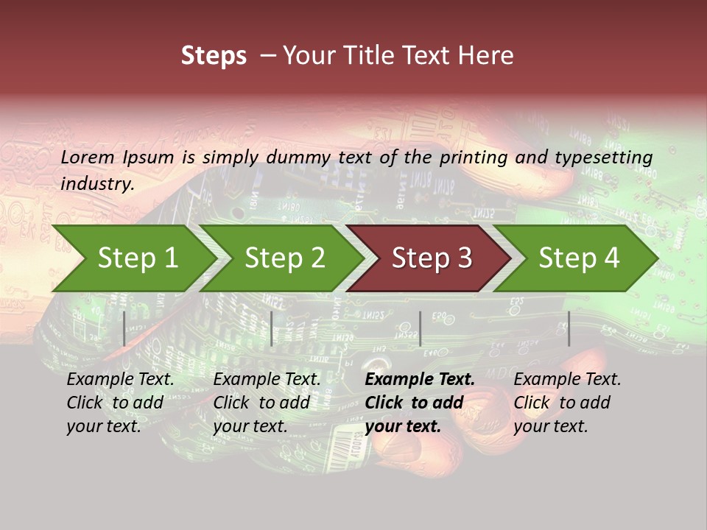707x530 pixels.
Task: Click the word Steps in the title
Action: (x=214, y=56)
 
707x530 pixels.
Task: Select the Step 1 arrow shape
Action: (x=137, y=258)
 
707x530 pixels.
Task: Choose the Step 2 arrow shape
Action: (x=284, y=258)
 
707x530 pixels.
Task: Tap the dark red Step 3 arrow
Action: (x=432, y=258)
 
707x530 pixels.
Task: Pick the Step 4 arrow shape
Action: (x=579, y=258)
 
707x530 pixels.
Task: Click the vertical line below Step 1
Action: (x=124, y=328)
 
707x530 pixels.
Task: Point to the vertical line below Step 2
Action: (x=272, y=328)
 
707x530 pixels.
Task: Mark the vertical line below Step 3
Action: (x=420, y=328)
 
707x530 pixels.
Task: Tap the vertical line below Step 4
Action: (x=569, y=328)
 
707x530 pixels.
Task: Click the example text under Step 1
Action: (x=120, y=403)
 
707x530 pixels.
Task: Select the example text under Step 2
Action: (x=267, y=403)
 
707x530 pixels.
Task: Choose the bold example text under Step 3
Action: (x=420, y=403)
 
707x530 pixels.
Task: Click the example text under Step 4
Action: (x=567, y=403)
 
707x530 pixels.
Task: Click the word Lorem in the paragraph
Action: (x=87, y=157)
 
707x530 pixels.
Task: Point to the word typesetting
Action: (x=607, y=157)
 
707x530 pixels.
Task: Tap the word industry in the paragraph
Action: (x=96, y=184)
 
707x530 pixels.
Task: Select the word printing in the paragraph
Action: (x=473, y=157)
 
